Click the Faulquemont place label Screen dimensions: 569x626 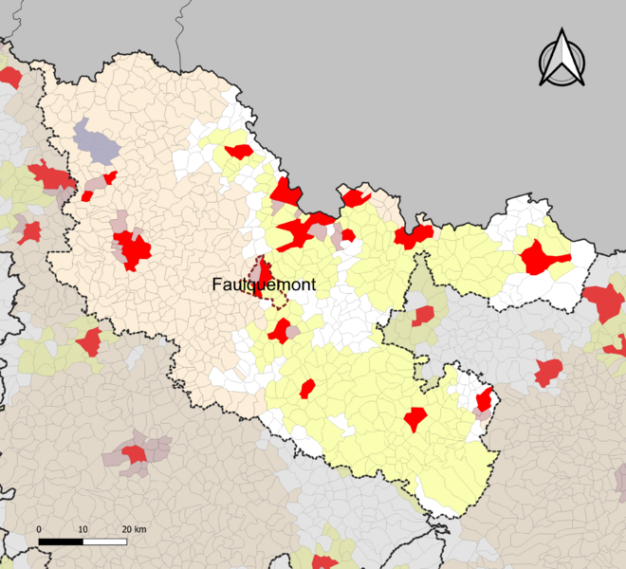pos(264,284)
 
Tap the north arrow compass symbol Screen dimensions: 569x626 pos(562,59)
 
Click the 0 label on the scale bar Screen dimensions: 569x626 pos(39,528)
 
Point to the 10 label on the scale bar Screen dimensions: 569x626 pos(83,528)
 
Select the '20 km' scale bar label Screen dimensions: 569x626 pos(133,528)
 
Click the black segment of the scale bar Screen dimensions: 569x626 pos(61,541)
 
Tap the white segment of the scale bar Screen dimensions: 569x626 pos(104,541)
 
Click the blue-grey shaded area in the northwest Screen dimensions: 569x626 pos(95,142)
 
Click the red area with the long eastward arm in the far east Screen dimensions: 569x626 pos(541,257)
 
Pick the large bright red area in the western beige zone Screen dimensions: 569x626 pos(133,250)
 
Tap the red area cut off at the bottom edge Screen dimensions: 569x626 pos(323,561)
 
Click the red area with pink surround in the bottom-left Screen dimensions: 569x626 pos(135,454)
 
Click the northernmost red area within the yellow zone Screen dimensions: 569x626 pos(238,151)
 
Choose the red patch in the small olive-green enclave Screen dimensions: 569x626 pos(422,316)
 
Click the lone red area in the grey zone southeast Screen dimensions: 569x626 pos(547,372)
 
